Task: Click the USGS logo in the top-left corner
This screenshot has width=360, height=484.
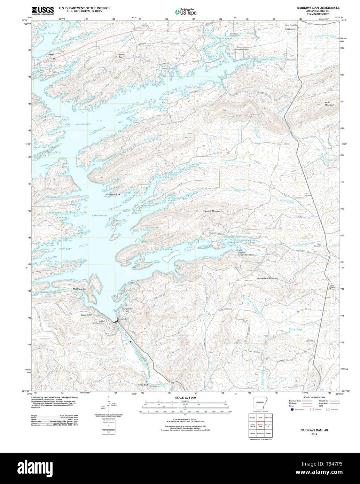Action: pyautogui.click(x=43, y=10)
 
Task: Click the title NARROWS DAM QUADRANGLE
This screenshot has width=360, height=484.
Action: pyautogui.click(x=318, y=8)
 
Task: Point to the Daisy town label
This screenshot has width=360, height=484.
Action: pyautogui.click(x=51, y=55)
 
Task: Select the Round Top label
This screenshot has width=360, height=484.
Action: pyautogui.click(x=122, y=56)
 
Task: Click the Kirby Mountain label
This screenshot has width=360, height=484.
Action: pyautogui.click(x=329, y=103)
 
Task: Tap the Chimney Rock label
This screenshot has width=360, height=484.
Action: pyautogui.click(x=113, y=194)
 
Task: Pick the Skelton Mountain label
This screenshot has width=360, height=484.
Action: pyautogui.click(x=212, y=211)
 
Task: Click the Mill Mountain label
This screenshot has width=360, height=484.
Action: pyautogui.click(x=80, y=289)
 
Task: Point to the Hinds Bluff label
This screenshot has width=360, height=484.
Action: pyautogui.click(x=143, y=385)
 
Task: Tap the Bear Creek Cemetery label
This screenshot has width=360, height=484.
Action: pyautogui.click(x=234, y=35)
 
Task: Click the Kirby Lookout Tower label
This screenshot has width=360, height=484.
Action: pyautogui.click(x=332, y=287)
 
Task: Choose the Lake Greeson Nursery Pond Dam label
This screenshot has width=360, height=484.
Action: pyautogui.click(x=246, y=253)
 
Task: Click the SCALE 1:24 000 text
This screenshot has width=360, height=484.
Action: pyautogui.click(x=185, y=398)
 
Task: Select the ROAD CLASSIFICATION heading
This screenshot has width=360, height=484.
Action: pyautogui.click(x=314, y=397)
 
